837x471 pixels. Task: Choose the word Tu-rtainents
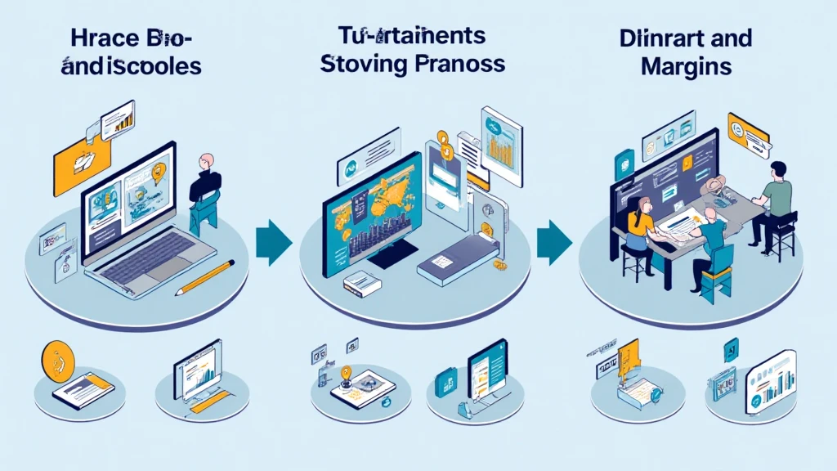point(412,36)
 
